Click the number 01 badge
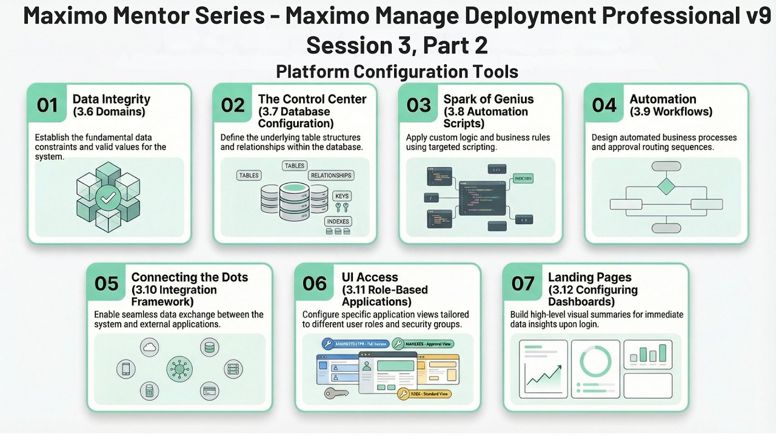(x=47, y=105)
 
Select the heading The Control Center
(x=312, y=99)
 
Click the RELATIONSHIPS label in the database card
(x=330, y=175)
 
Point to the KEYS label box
(x=342, y=196)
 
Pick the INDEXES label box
(x=338, y=221)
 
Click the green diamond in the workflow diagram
(x=666, y=186)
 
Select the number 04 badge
(x=604, y=105)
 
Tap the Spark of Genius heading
(x=489, y=99)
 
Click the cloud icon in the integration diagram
(x=149, y=347)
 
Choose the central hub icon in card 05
(x=179, y=368)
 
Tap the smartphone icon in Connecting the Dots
(x=125, y=368)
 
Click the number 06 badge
(x=315, y=283)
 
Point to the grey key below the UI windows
(x=335, y=392)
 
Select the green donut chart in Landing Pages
(x=595, y=361)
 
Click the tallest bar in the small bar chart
(x=663, y=352)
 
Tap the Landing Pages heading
(x=589, y=277)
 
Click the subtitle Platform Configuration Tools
(x=397, y=71)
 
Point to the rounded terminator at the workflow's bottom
(x=666, y=228)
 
